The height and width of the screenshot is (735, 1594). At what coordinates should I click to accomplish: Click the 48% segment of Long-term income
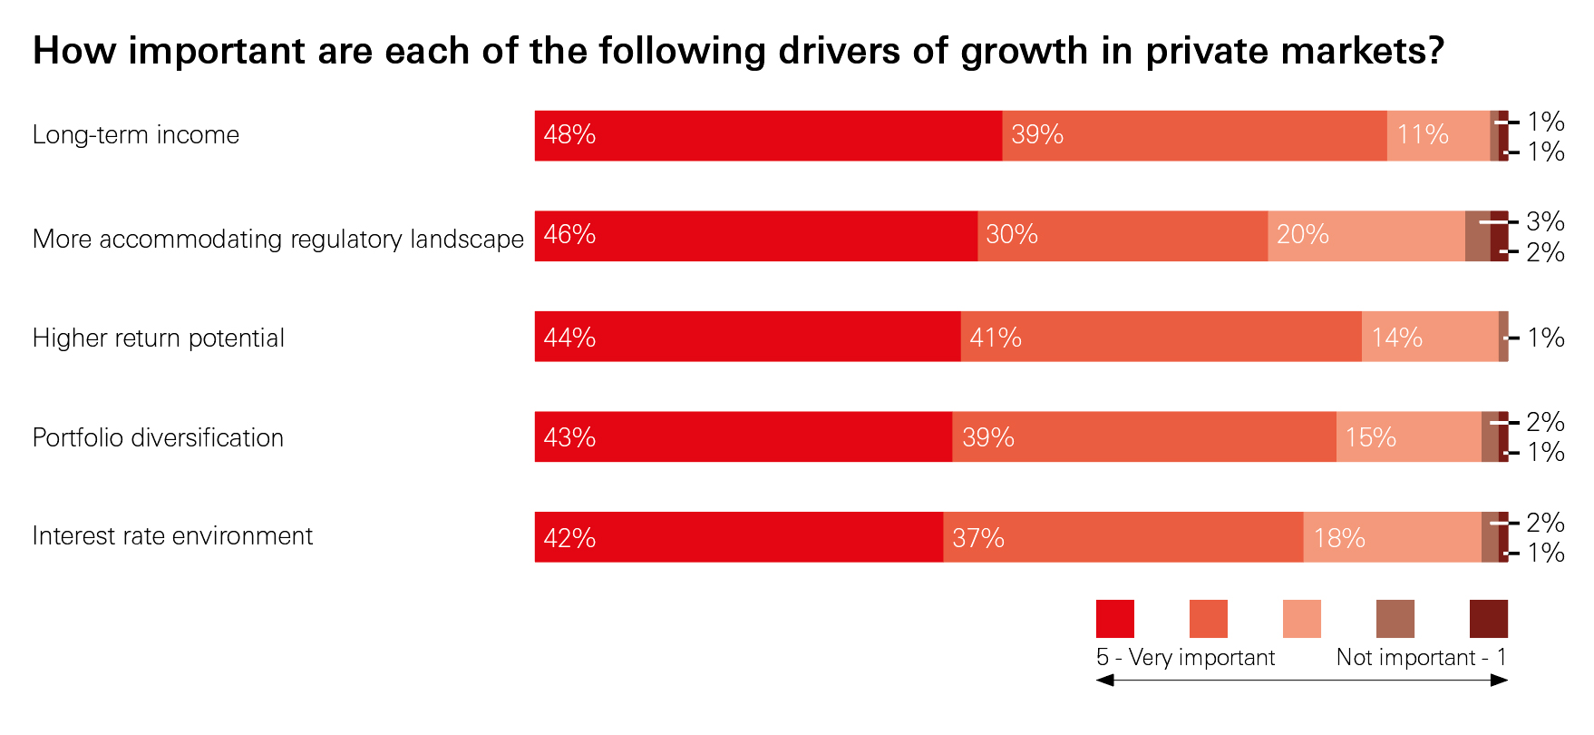(767, 136)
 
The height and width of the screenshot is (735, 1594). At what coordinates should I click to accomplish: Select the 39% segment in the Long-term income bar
(1193, 136)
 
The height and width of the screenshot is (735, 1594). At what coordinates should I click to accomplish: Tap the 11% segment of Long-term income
(1437, 136)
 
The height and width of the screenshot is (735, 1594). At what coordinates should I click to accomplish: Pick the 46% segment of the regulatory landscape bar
(755, 236)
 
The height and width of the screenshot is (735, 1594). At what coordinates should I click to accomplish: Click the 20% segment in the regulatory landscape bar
(1366, 236)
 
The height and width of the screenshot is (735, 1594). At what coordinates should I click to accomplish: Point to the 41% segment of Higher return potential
(1161, 337)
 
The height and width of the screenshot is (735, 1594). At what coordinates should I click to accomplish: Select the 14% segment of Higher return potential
(1429, 337)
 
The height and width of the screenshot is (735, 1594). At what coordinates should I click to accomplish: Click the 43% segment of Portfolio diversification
(743, 436)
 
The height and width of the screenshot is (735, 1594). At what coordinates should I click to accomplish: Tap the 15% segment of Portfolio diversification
(1408, 436)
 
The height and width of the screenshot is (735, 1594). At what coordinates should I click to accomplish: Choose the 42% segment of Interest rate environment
(738, 537)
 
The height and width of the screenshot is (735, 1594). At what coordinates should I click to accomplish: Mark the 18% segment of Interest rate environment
(1392, 537)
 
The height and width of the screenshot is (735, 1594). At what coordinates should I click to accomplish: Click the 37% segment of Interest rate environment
(1123, 537)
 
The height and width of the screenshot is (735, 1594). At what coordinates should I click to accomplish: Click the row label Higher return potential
(159, 338)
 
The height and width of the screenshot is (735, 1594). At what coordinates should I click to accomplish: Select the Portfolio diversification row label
(158, 437)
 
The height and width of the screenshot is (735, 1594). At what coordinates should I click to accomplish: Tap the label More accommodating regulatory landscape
(277, 239)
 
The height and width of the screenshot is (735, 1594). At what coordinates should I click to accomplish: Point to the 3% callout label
(1545, 221)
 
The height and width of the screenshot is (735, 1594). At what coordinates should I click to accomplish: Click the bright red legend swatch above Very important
(1114, 619)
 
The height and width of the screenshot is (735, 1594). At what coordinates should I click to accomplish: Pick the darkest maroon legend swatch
(1488, 619)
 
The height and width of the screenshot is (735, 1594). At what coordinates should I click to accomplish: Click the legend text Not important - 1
(1421, 657)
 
